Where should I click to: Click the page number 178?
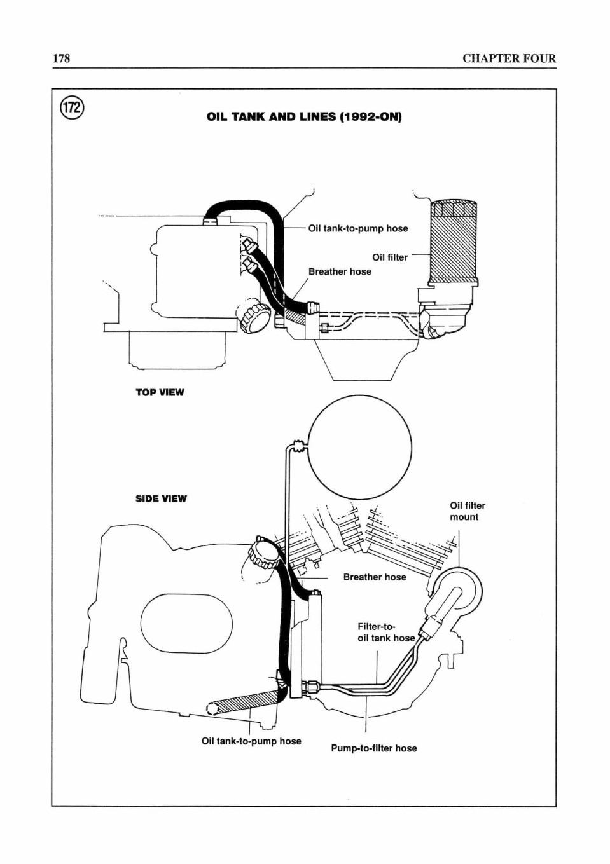click(61, 58)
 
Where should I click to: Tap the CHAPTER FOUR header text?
click(509, 58)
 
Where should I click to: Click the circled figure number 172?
click(72, 107)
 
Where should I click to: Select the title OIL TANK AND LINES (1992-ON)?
click(304, 116)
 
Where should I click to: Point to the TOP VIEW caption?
click(160, 393)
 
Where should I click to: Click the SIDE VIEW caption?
click(161, 498)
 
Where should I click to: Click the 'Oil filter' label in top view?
click(390, 257)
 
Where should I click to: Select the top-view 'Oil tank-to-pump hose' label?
click(358, 228)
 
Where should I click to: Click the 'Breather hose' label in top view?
click(340, 271)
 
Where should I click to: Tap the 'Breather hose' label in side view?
click(375, 577)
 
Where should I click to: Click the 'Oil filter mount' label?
click(468, 511)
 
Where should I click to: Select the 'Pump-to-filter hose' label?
click(374, 748)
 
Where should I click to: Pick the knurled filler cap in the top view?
click(253, 315)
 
